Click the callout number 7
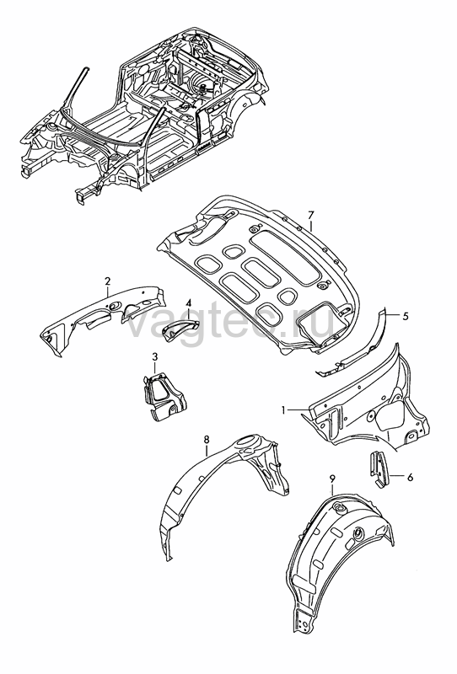[311, 215]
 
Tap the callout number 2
[108, 281]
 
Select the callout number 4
[189, 303]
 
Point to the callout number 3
[155, 356]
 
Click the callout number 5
[406, 316]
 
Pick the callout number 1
[283, 410]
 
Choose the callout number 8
[207, 439]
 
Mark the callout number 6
[410, 477]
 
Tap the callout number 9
[331, 479]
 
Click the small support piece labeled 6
[378, 469]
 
